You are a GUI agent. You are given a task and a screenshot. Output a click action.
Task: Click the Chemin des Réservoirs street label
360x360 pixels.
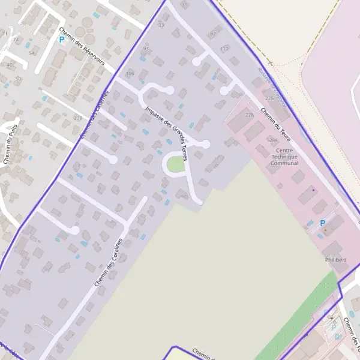(82, 46)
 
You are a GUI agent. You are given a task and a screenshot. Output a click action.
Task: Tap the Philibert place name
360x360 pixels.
(336, 260)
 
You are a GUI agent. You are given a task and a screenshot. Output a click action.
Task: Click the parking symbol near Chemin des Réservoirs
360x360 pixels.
(61, 40)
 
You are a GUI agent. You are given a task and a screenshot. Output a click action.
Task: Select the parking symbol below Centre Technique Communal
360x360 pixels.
(322, 223)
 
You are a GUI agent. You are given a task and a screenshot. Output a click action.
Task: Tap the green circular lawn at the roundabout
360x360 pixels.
(175, 164)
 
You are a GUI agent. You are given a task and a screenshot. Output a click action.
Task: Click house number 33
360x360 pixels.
(160, 25)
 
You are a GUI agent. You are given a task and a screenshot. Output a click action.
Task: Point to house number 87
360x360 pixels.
(212, 34)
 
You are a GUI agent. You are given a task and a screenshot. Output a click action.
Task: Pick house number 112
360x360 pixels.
(224, 48)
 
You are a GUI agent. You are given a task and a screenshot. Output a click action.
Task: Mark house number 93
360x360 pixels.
(146, 48)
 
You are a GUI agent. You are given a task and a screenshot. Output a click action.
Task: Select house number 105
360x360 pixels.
(130, 74)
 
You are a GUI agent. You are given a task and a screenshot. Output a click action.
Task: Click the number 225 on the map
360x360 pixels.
(269, 98)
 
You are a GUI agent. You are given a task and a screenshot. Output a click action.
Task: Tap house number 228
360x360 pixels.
(250, 115)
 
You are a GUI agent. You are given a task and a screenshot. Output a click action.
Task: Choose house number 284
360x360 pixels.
(274, 140)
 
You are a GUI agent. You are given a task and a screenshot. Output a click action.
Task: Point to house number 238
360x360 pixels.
(77, 118)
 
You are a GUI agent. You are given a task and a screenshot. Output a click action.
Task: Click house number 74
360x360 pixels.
(16, 40)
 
